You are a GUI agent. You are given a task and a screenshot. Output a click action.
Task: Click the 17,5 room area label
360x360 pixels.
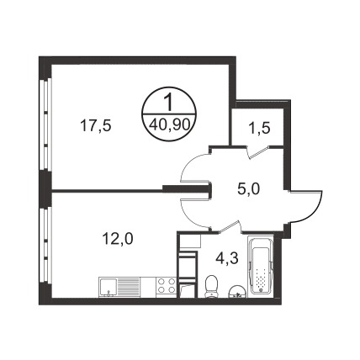point(96,125)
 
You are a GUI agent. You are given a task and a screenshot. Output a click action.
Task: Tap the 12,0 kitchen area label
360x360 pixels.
point(118,239)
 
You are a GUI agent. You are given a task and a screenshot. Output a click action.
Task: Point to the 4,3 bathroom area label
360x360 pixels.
point(227,258)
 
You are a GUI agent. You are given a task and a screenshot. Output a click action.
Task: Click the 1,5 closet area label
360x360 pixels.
point(259,128)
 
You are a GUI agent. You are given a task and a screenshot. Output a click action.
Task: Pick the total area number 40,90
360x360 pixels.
point(169,124)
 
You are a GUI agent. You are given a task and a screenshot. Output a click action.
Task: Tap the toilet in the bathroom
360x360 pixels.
point(211,285)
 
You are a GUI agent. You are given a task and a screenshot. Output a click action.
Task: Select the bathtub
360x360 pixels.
point(261,265)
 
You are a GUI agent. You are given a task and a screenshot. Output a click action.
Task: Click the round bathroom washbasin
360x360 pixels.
point(238,292)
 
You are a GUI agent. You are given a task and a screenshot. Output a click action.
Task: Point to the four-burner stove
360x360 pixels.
point(167,285)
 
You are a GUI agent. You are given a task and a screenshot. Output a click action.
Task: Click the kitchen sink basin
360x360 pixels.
point(108,287)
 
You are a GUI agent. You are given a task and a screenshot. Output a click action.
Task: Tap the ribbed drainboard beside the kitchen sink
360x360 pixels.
point(129,286)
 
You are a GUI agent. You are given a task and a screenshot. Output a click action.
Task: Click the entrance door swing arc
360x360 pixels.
point(316,209)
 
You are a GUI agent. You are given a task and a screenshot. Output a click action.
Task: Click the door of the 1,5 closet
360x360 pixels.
point(258,152)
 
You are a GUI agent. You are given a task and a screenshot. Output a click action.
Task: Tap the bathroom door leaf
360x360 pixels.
point(230,226)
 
